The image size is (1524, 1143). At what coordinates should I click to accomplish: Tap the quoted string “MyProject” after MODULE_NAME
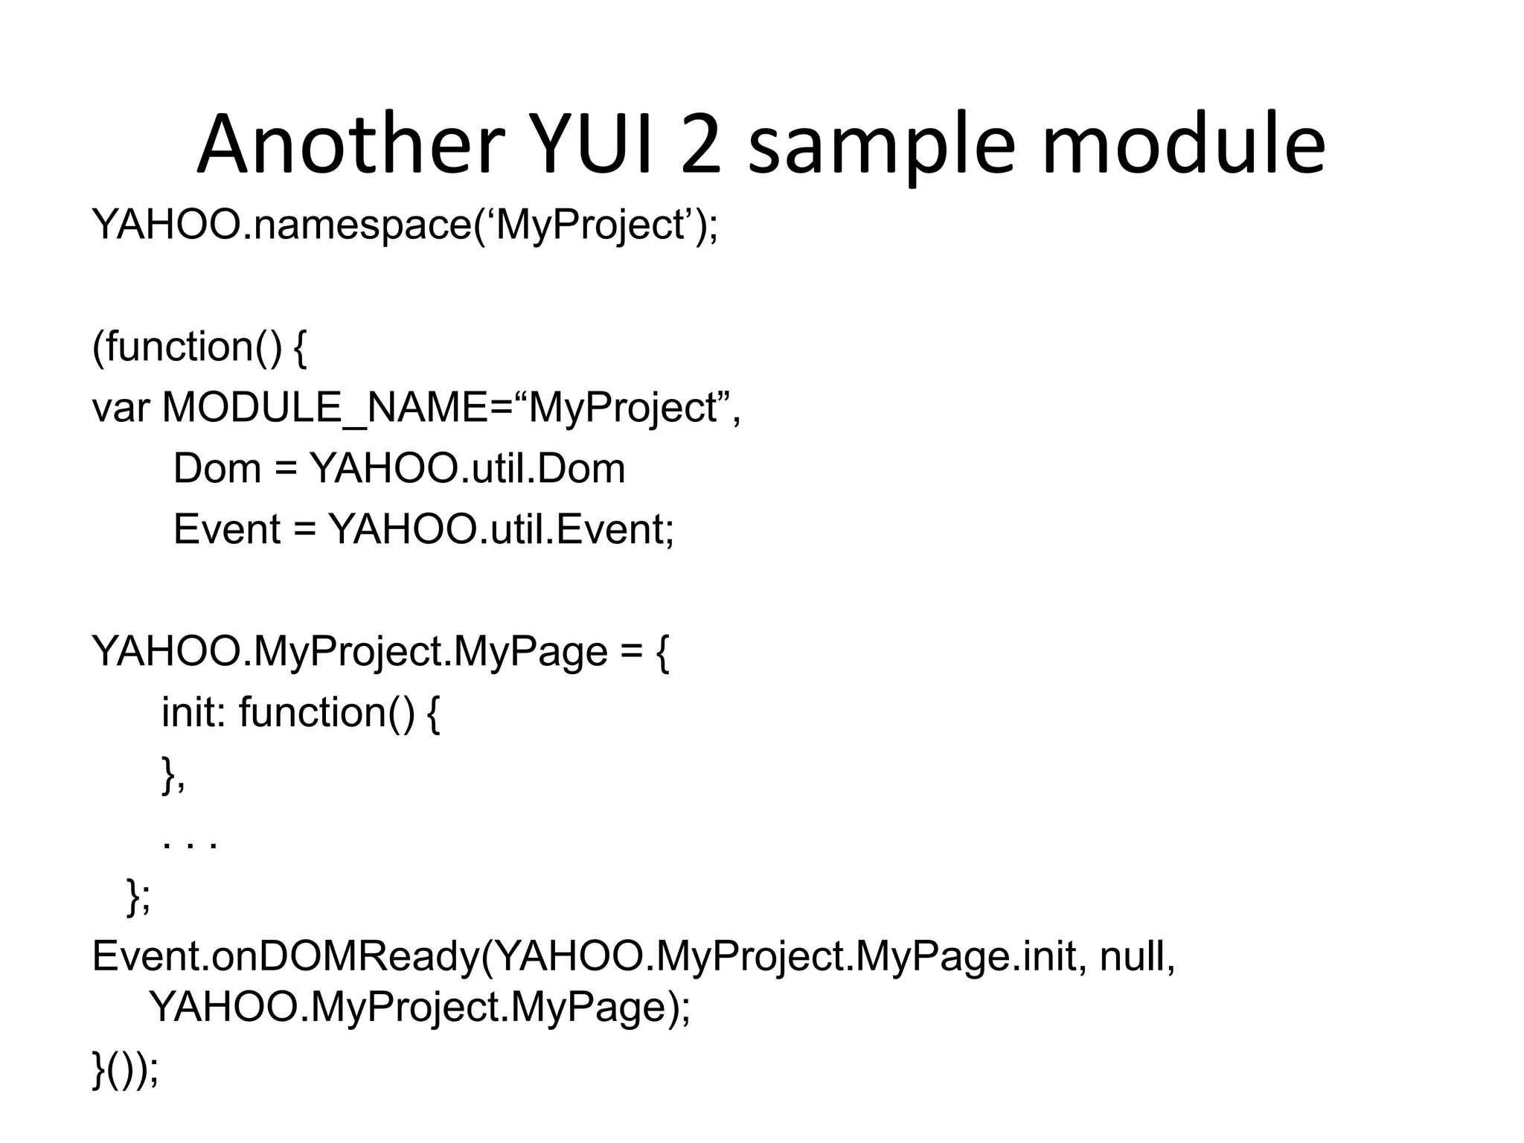(x=622, y=408)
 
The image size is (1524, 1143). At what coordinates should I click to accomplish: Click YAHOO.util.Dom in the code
(x=467, y=469)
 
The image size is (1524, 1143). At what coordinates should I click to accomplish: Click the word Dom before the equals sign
(x=217, y=469)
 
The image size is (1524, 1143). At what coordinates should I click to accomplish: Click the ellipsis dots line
(x=190, y=843)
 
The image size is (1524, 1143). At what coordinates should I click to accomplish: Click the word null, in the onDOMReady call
(x=1137, y=957)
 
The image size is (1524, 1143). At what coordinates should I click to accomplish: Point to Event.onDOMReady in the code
(x=286, y=957)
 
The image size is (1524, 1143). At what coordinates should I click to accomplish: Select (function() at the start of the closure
(x=187, y=348)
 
